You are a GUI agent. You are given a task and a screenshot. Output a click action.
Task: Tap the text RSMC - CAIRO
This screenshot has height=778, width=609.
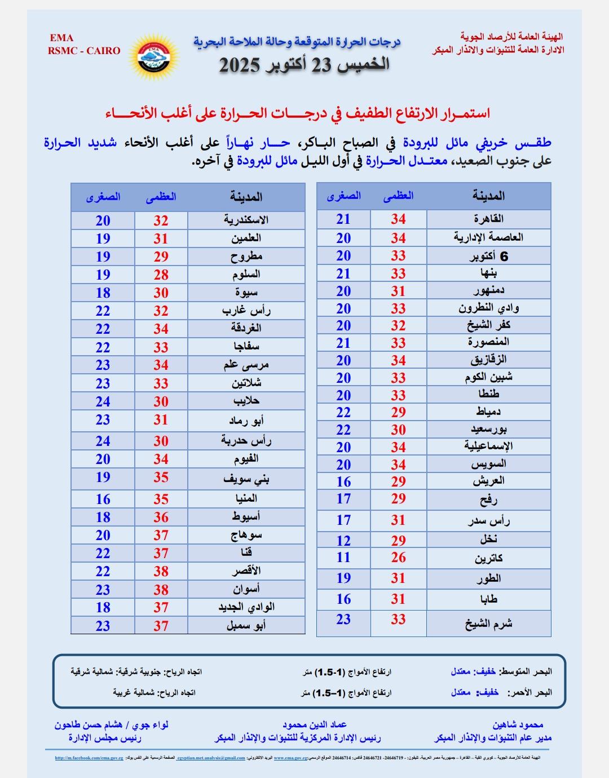tap(84, 51)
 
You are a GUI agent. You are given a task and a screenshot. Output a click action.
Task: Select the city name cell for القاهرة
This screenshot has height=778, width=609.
tap(488, 219)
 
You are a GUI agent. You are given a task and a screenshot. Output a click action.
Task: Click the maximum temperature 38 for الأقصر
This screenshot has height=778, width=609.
tap(161, 571)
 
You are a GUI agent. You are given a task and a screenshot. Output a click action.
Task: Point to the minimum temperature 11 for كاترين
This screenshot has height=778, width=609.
tap(343, 558)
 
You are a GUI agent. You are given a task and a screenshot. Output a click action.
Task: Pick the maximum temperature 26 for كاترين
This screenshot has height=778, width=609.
tap(398, 558)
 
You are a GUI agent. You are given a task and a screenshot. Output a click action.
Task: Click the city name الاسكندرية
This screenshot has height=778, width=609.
tap(246, 220)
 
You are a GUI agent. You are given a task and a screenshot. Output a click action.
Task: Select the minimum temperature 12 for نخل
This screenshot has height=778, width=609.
tap(343, 541)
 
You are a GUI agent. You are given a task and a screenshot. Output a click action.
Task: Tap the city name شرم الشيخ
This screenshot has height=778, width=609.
tap(488, 624)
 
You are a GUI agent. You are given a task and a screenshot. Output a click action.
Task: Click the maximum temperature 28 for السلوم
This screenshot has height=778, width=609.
tap(161, 275)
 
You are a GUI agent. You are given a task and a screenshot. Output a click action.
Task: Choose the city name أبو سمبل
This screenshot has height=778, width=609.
tap(246, 625)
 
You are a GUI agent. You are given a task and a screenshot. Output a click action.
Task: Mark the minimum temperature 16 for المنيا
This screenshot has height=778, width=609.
tap(103, 499)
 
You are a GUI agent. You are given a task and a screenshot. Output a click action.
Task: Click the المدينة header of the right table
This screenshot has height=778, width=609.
tap(488, 196)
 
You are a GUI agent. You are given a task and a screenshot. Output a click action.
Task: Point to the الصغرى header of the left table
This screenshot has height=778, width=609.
tap(103, 197)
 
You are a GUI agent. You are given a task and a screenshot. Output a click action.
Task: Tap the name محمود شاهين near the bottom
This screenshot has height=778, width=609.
tap(518, 725)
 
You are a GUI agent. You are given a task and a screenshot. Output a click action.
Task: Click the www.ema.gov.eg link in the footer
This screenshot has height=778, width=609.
tap(290, 758)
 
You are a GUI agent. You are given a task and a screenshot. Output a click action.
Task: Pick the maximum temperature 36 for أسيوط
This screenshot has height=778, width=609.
tap(161, 517)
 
